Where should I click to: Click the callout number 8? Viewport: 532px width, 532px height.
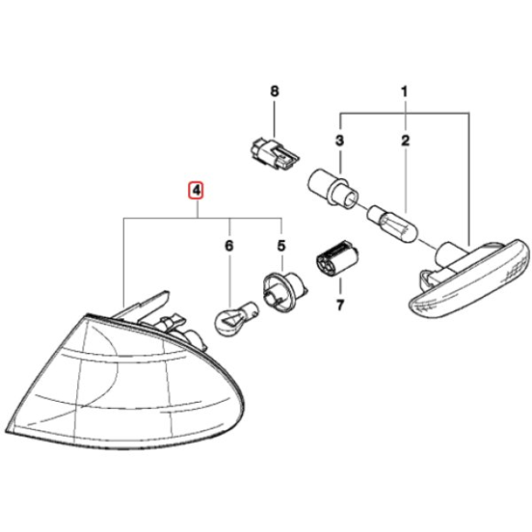coord(272,92)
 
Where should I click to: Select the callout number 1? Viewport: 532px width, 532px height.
coord(403,92)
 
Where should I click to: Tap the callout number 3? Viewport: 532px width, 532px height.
coord(338,140)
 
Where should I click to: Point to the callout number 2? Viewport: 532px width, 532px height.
coord(403,140)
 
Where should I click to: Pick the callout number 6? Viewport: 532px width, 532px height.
coord(229,246)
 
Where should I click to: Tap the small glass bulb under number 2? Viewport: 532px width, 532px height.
coord(392,224)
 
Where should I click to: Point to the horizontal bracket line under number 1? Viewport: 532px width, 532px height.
coord(404,114)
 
